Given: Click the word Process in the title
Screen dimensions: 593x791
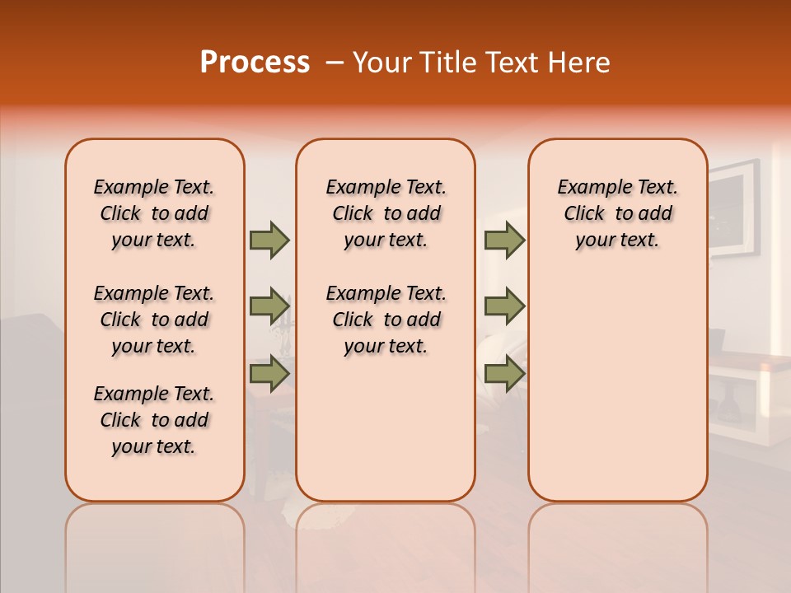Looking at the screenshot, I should click(x=255, y=63).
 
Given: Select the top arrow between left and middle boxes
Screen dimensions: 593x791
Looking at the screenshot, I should click(x=269, y=240).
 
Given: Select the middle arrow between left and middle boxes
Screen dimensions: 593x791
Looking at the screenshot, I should click(x=269, y=306).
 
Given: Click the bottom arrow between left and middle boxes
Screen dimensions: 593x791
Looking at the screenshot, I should click(x=269, y=373).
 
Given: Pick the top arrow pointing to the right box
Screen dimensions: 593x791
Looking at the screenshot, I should click(x=504, y=240).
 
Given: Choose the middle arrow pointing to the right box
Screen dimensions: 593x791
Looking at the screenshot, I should click(x=504, y=306).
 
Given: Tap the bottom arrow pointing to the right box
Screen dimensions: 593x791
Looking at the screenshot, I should click(x=504, y=373).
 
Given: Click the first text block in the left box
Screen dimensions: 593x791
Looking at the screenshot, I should click(x=154, y=213).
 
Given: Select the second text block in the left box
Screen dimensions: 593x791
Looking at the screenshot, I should click(x=154, y=320).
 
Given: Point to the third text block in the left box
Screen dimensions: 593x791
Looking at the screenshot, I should click(x=154, y=420).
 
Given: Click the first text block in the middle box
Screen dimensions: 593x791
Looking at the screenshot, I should click(x=386, y=213).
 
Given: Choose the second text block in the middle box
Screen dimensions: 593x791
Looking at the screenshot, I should click(x=386, y=320).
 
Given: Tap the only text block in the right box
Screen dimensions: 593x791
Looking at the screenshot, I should click(x=617, y=213).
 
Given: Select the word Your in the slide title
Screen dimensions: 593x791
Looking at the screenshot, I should click(x=384, y=63).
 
